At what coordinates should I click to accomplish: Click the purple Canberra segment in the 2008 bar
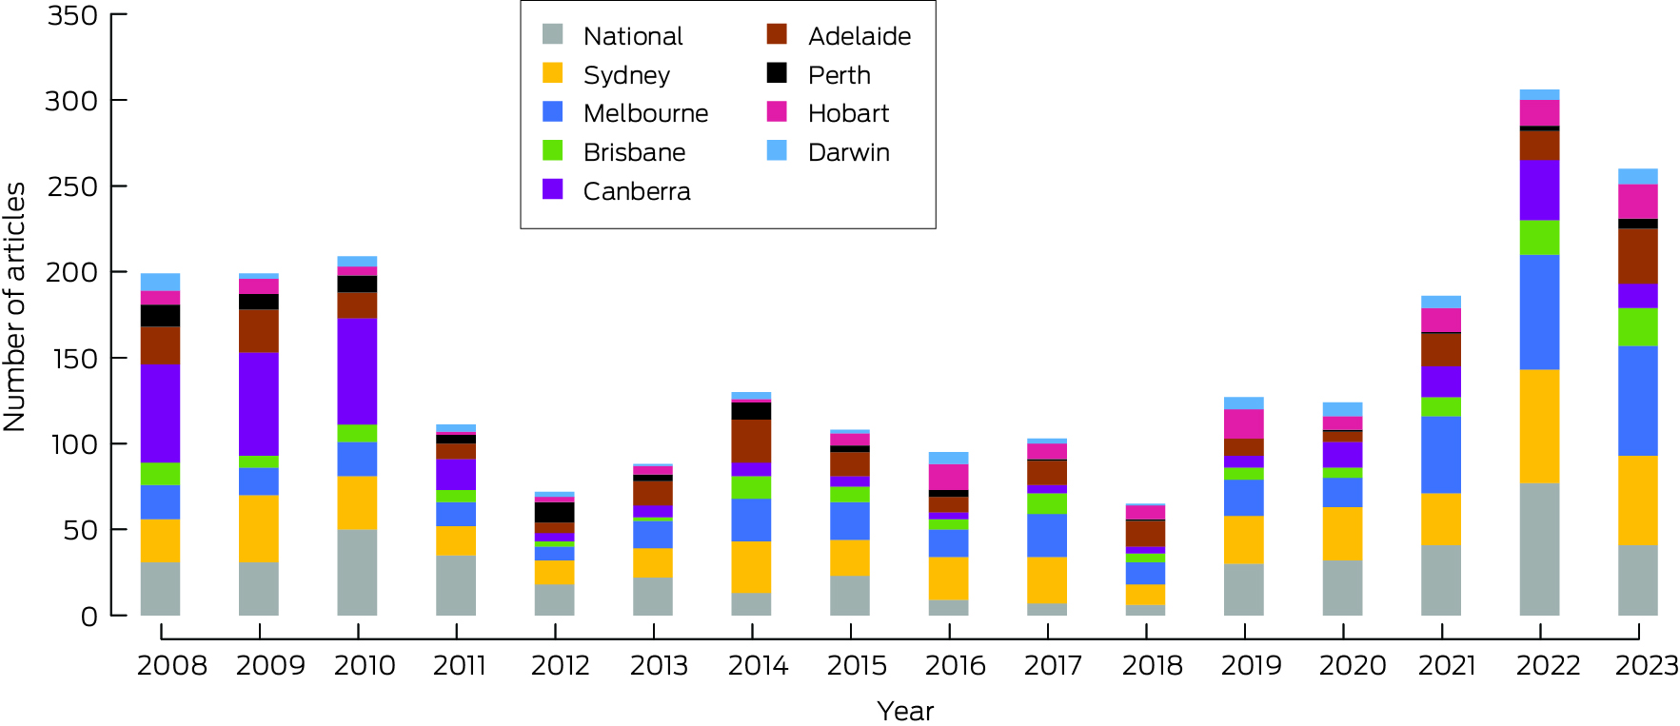pyautogui.click(x=160, y=413)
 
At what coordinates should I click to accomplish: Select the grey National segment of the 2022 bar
pyautogui.click(x=1539, y=549)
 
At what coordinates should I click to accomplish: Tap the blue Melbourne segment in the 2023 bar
pyautogui.click(x=1637, y=401)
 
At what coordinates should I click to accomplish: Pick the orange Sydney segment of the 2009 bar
pyautogui.click(x=259, y=528)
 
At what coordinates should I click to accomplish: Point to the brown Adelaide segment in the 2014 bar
pyautogui.click(x=752, y=441)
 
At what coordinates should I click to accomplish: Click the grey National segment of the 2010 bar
pyautogui.click(x=357, y=572)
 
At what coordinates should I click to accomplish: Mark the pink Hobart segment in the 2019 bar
pyautogui.click(x=1244, y=423)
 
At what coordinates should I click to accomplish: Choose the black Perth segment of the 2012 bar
pyautogui.click(x=554, y=512)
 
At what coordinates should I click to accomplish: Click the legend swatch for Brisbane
pyautogui.click(x=553, y=151)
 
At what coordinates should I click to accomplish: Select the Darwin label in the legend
pyautogui.click(x=848, y=152)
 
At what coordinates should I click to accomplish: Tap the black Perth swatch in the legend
pyautogui.click(x=777, y=73)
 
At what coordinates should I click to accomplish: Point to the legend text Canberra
pyautogui.click(x=636, y=191)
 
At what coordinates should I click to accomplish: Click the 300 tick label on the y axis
pyautogui.click(x=71, y=101)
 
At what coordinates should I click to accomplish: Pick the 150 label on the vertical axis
pyautogui.click(x=71, y=359)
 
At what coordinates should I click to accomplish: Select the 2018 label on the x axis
pyautogui.click(x=1152, y=665)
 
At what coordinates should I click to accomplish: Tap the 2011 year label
pyautogui.click(x=459, y=665)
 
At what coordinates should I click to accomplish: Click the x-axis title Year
pyautogui.click(x=904, y=711)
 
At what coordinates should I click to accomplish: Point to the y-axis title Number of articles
pyautogui.click(x=15, y=307)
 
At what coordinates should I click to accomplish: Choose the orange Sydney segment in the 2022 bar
pyautogui.click(x=1539, y=426)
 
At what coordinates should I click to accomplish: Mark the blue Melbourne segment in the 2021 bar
pyautogui.click(x=1441, y=455)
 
